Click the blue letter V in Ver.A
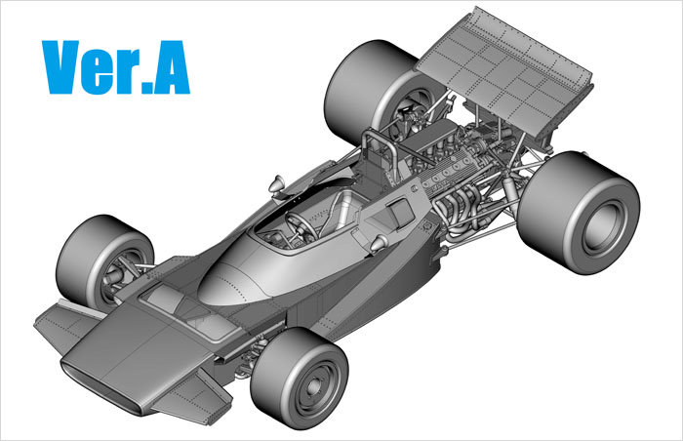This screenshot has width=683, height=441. pos(61,66)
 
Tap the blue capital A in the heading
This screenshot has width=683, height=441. pos(171,66)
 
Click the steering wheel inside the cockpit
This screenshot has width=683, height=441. pos(301,224)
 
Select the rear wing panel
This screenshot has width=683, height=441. pos(505,74)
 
